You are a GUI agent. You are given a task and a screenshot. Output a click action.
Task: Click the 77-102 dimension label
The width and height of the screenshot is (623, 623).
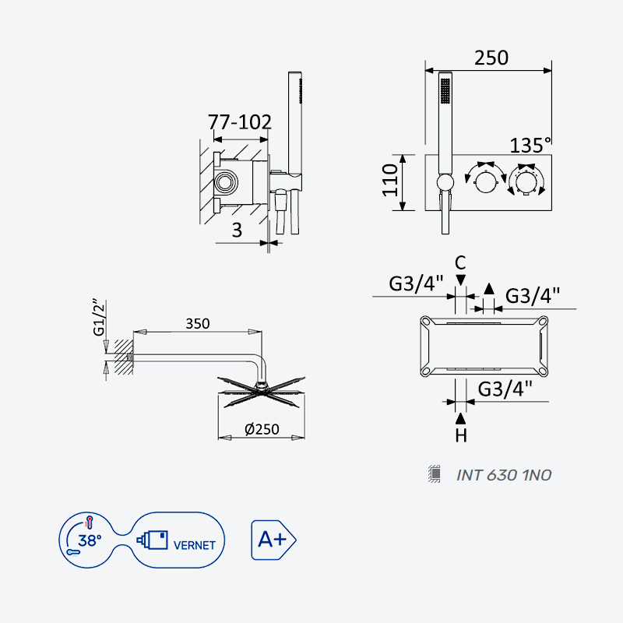pyautogui.click(x=240, y=122)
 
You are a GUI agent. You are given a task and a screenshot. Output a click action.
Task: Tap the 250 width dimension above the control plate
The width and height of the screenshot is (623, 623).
pyautogui.click(x=491, y=58)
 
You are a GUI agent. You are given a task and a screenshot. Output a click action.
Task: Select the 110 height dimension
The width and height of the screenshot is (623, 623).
pyautogui.click(x=390, y=181)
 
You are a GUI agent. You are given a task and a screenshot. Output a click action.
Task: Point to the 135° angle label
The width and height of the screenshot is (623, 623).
pyautogui.click(x=530, y=146)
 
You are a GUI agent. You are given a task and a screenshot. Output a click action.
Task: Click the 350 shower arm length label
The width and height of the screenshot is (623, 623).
pyautogui.click(x=198, y=324)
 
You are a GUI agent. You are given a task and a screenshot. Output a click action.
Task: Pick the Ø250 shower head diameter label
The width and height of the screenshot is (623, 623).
pyautogui.click(x=262, y=429)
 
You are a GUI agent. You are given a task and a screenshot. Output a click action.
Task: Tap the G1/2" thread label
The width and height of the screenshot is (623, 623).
pyautogui.click(x=100, y=318)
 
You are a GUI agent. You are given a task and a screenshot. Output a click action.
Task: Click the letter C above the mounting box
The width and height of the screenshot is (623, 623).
pyautogui.click(x=460, y=263)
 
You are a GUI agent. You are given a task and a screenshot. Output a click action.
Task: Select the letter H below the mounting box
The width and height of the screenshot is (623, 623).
pyautogui.click(x=461, y=436)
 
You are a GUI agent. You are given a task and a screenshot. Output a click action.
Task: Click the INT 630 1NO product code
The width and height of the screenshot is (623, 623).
pyautogui.click(x=504, y=475)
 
